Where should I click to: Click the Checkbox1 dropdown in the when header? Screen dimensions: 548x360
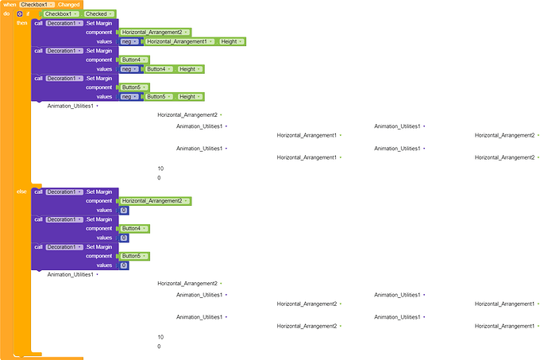[37, 5]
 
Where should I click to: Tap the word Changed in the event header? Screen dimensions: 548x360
[69, 5]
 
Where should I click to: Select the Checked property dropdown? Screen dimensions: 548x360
[99, 14]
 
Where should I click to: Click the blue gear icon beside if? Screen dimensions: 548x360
[20, 14]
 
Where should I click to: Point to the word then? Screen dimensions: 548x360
[21, 23]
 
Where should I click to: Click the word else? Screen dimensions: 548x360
[21, 192]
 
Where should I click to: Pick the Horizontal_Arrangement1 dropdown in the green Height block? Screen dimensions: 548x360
[179, 41]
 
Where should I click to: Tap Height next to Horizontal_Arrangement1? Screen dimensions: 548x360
[231, 41]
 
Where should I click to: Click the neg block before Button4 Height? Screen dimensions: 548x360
[129, 69]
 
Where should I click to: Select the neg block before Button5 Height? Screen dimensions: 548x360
[129, 97]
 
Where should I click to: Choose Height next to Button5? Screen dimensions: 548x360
[190, 97]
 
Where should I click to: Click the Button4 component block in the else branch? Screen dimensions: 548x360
[134, 228]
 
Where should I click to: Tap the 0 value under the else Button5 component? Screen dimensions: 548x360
[124, 265]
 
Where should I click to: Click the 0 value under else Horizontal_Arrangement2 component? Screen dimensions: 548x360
[124, 211]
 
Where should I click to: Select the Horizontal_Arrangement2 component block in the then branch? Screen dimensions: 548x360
[155, 33]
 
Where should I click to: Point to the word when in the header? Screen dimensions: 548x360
[10, 5]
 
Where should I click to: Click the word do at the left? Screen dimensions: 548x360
[6, 14]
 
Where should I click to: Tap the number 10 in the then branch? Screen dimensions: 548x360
[160, 168]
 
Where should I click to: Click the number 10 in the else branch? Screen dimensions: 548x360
[160, 337]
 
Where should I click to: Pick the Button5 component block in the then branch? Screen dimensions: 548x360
[134, 87]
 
